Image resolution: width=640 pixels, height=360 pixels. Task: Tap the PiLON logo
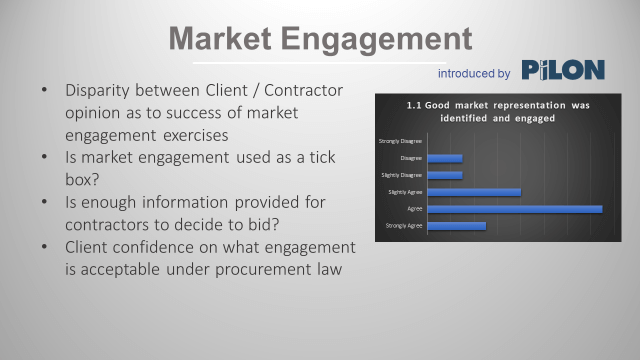pyautogui.click(x=562, y=71)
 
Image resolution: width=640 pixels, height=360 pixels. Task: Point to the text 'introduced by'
pyautogui.click(x=474, y=73)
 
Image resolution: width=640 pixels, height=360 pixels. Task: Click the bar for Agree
pyautogui.click(x=515, y=208)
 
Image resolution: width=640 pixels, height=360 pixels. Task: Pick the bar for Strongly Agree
pyautogui.click(x=457, y=226)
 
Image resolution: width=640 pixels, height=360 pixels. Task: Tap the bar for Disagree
pyautogui.click(x=445, y=157)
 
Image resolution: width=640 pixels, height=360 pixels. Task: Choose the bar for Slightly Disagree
pyautogui.click(x=445, y=174)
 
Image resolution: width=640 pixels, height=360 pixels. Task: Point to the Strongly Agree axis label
pyautogui.click(x=404, y=226)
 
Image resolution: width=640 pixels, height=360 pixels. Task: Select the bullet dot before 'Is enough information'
pyautogui.click(x=44, y=202)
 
